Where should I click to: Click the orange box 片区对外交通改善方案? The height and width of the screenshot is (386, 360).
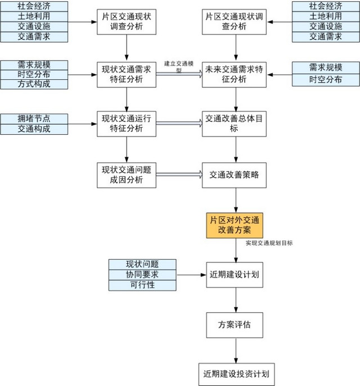click(x=236, y=225)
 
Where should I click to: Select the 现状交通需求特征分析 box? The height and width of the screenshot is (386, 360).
click(x=127, y=74)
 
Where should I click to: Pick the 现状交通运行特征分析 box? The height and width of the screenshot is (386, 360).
click(x=127, y=124)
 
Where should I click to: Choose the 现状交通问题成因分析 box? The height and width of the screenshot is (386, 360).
click(x=127, y=174)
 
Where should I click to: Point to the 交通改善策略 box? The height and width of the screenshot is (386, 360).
click(x=235, y=174)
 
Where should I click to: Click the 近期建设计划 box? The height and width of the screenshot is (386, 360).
click(x=235, y=275)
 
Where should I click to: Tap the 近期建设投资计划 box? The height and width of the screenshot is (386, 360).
click(x=235, y=373)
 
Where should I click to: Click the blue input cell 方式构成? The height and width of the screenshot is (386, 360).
click(x=34, y=84)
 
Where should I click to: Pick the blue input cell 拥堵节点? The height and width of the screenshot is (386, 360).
click(x=34, y=119)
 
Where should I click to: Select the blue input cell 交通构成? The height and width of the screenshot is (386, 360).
click(x=34, y=129)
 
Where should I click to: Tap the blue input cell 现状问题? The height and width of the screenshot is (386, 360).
click(x=142, y=265)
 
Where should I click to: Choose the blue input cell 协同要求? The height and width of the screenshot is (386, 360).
click(x=142, y=275)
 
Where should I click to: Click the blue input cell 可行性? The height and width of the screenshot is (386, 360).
click(x=142, y=285)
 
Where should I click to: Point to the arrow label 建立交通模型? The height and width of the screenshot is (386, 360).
click(x=178, y=65)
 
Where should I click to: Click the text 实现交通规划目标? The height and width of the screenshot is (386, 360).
click(x=269, y=243)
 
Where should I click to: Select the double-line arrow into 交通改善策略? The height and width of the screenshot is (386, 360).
click(x=178, y=175)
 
